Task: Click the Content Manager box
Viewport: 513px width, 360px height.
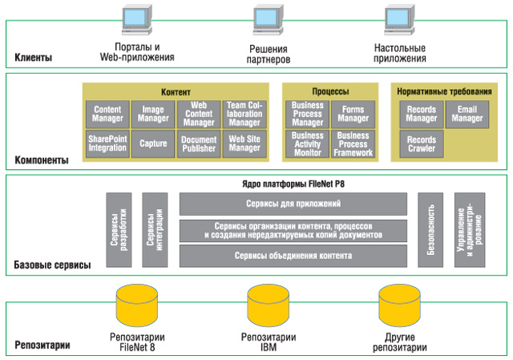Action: [107, 114]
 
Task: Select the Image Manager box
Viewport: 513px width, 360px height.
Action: [153, 114]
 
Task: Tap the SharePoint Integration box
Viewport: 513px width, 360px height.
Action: [107, 144]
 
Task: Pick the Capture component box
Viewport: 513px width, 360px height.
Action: [153, 144]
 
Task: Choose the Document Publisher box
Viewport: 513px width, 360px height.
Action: [199, 144]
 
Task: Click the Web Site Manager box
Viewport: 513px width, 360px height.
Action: [244, 144]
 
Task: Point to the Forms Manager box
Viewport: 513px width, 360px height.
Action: [353, 114]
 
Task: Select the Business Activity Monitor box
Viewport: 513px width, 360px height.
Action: [307, 144]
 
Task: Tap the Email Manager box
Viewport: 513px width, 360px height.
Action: [467, 114]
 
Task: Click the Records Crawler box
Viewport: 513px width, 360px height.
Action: [422, 144]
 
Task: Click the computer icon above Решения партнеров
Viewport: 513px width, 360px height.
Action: [268, 19]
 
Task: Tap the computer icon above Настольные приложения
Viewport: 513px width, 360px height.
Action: [399, 19]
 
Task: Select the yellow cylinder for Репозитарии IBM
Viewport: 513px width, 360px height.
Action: [269, 305]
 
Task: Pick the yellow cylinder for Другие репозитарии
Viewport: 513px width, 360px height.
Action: [399, 305]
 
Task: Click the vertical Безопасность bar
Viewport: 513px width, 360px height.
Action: [430, 230]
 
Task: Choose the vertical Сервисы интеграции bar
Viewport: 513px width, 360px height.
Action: [155, 230]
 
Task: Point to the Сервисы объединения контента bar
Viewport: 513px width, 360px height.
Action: [293, 256]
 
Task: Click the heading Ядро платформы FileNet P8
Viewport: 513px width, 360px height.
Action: [293, 184]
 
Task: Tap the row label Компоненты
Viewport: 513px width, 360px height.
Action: [42, 160]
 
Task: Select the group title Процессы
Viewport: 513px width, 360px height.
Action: [330, 91]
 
